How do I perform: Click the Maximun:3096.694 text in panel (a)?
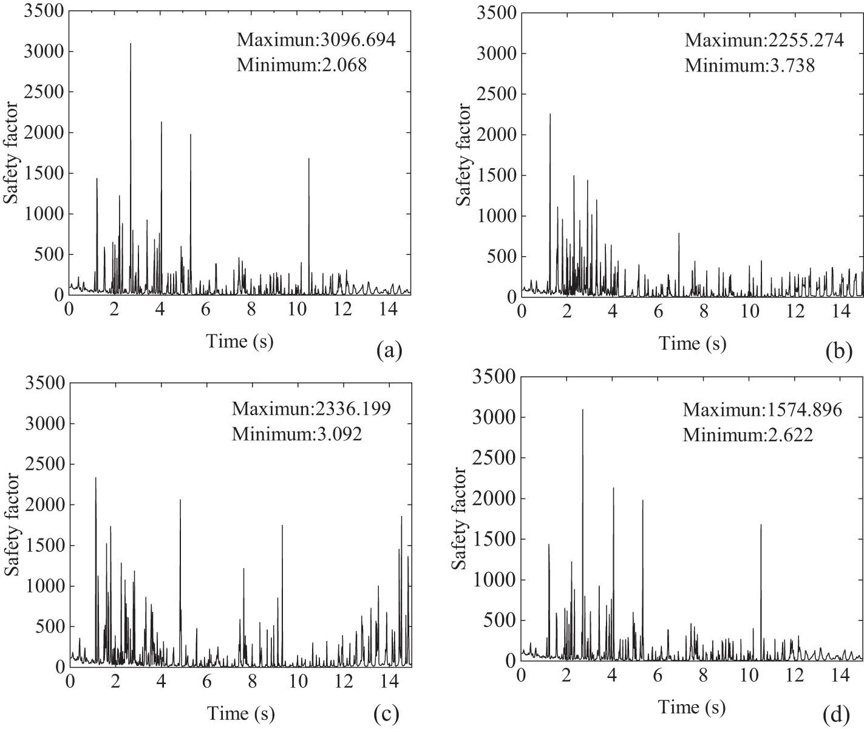click(x=316, y=40)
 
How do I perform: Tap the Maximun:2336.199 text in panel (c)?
click(x=311, y=408)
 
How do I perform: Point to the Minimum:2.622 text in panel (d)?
click(x=747, y=435)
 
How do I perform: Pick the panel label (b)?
click(x=839, y=352)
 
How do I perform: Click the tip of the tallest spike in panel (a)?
click(x=131, y=44)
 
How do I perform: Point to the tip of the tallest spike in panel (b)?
click(x=550, y=114)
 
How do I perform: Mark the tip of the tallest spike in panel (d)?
click(x=583, y=410)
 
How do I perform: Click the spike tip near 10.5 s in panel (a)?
click(x=309, y=159)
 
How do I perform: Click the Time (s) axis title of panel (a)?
click(x=240, y=341)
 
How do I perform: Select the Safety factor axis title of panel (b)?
click(x=464, y=154)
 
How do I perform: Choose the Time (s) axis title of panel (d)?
click(x=692, y=707)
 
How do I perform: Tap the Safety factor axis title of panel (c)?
click(x=12, y=524)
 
